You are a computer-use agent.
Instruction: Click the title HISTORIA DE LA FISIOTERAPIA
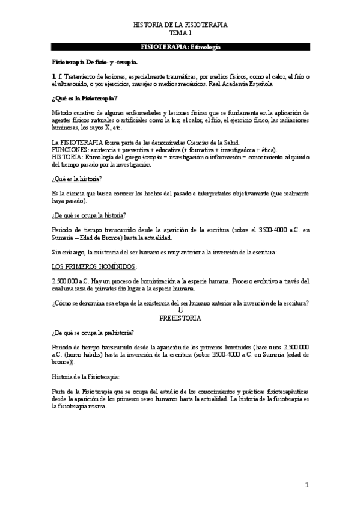(x=180, y=26)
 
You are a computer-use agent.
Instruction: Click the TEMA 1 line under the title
(x=180, y=34)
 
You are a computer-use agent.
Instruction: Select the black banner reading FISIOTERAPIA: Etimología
(x=180, y=46)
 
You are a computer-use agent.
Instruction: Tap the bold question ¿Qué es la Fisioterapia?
(x=85, y=97)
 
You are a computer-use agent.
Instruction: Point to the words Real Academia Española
(x=239, y=84)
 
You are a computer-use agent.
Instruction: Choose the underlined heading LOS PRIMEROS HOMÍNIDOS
(x=94, y=266)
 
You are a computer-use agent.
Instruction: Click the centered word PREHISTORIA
(x=180, y=318)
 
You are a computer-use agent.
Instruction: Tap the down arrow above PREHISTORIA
(x=180, y=310)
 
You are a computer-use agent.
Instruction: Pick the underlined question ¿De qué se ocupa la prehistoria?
(x=93, y=332)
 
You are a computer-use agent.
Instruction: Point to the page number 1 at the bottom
(x=307, y=485)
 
